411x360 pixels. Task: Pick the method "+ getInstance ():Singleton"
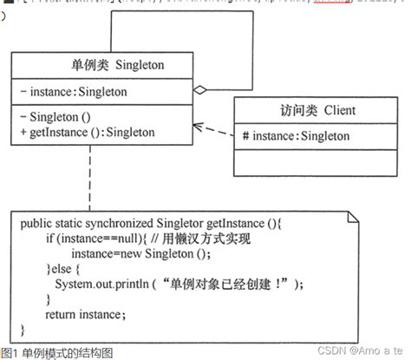click(88, 133)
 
